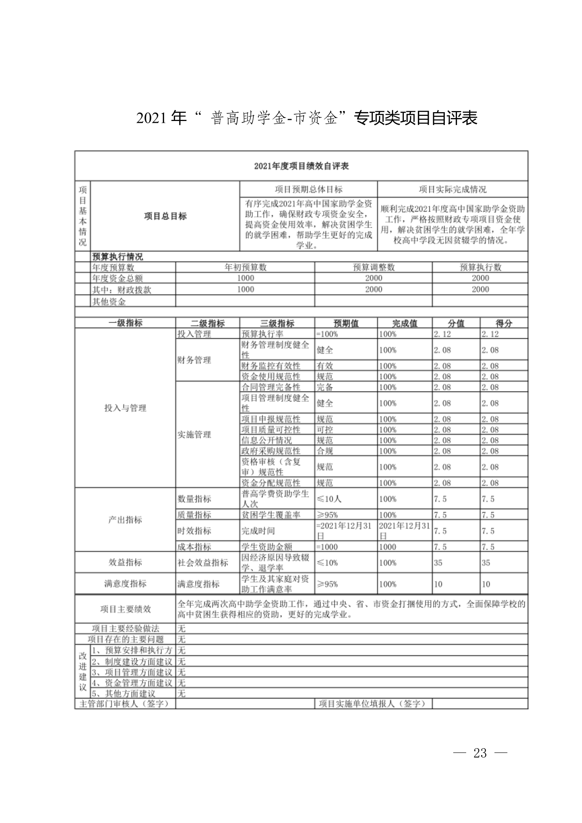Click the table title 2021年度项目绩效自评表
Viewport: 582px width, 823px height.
click(x=301, y=166)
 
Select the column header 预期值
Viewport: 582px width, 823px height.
click(x=346, y=323)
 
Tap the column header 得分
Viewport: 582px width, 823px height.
click(x=504, y=323)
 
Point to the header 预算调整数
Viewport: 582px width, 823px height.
click(x=373, y=267)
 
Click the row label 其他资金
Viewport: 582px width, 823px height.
click(x=109, y=302)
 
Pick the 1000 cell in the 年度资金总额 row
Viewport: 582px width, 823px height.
click(x=245, y=278)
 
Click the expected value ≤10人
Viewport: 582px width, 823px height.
click(x=329, y=499)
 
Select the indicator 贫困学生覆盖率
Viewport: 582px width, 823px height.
click(x=271, y=515)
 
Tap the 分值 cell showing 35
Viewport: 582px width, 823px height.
click(x=438, y=563)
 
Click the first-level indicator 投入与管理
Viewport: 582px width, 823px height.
click(x=125, y=408)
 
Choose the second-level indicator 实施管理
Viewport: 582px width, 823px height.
click(x=194, y=435)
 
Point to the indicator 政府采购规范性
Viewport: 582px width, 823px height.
click(x=271, y=451)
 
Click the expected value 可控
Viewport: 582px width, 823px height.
click(x=325, y=430)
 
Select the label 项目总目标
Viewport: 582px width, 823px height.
click(x=165, y=216)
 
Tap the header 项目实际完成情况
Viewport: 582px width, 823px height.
click(x=453, y=190)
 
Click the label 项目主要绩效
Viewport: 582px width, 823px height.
click(x=125, y=609)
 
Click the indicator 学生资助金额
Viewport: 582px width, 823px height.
click(x=267, y=547)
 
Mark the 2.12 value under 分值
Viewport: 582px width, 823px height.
click(x=442, y=334)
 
